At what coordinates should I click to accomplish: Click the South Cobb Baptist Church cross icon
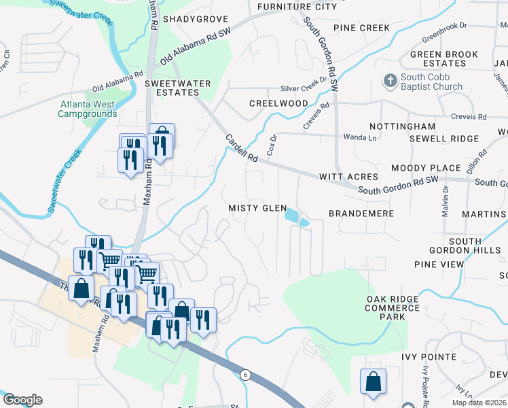391,81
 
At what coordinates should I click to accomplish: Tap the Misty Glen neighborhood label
257,208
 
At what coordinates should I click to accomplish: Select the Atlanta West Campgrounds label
87,109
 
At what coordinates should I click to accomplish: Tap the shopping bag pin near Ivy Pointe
373,383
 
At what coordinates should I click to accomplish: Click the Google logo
22,400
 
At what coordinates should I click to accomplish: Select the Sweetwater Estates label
178,88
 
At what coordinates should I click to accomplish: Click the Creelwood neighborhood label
278,103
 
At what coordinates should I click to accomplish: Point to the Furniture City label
297,7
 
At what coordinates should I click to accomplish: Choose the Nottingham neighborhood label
402,126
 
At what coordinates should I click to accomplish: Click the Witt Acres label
348,177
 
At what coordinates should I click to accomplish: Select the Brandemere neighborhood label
361,214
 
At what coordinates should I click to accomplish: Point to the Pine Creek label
361,28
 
